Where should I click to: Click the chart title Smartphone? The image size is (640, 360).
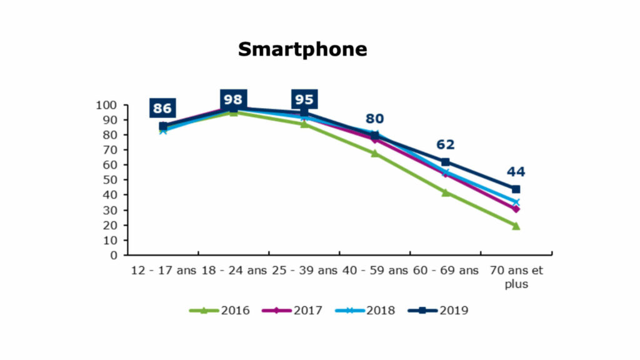(x=302, y=50)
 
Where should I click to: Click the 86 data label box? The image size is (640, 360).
(x=162, y=108)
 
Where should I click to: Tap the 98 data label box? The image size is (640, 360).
(x=233, y=99)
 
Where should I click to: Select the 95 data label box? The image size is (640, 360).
(x=304, y=99)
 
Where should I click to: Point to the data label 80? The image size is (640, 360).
(x=375, y=119)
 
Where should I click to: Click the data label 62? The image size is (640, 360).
(x=445, y=144)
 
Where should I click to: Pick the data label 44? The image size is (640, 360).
(x=516, y=172)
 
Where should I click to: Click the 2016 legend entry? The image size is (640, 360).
(x=219, y=311)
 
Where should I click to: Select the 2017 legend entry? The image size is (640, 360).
(x=292, y=311)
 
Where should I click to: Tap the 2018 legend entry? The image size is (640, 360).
(x=365, y=311)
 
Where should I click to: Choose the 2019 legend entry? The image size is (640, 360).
(x=438, y=311)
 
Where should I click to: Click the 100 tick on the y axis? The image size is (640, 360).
(x=106, y=105)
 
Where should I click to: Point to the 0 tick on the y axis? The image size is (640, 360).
(x=114, y=256)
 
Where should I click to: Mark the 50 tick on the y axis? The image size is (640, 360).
(x=110, y=180)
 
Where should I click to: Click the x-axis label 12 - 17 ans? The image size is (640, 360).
(x=163, y=271)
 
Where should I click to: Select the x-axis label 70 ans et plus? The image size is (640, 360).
(x=516, y=277)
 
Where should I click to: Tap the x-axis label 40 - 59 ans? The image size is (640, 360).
(x=375, y=271)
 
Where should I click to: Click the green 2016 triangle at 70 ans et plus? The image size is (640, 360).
(x=516, y=226)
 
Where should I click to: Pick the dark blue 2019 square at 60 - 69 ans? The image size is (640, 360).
(x=445, y=162)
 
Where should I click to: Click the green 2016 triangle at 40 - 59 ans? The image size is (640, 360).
(x=375, y=154)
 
